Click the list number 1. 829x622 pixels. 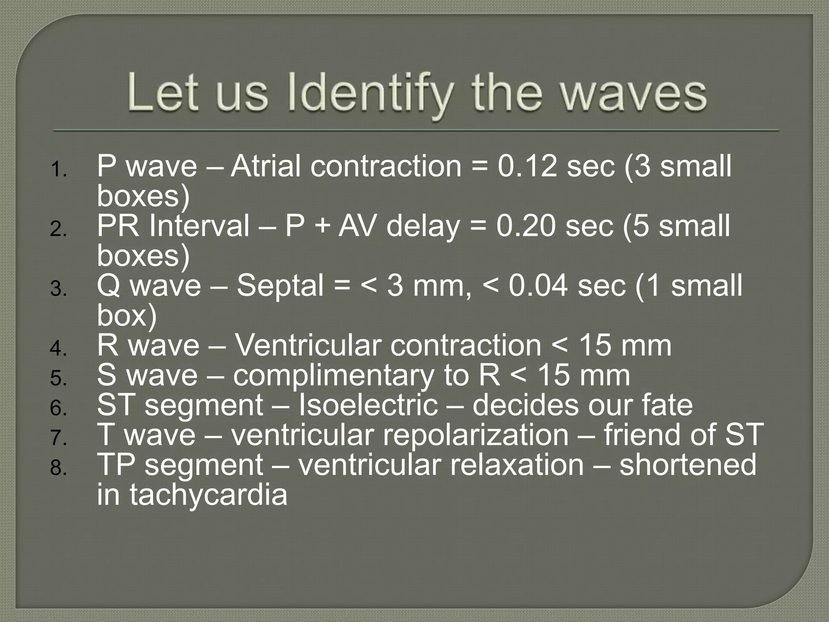[x=59, y=169]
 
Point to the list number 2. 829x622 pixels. [x=59, y=229]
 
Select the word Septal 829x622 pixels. [x=280, y=285]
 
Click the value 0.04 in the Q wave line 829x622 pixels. [x=538, y=285]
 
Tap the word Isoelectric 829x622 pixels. [x=368, y=405]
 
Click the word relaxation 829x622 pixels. [x=512, y=465]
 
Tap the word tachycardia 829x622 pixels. [x=208, y=494]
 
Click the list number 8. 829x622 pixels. [x=59, y=468]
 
